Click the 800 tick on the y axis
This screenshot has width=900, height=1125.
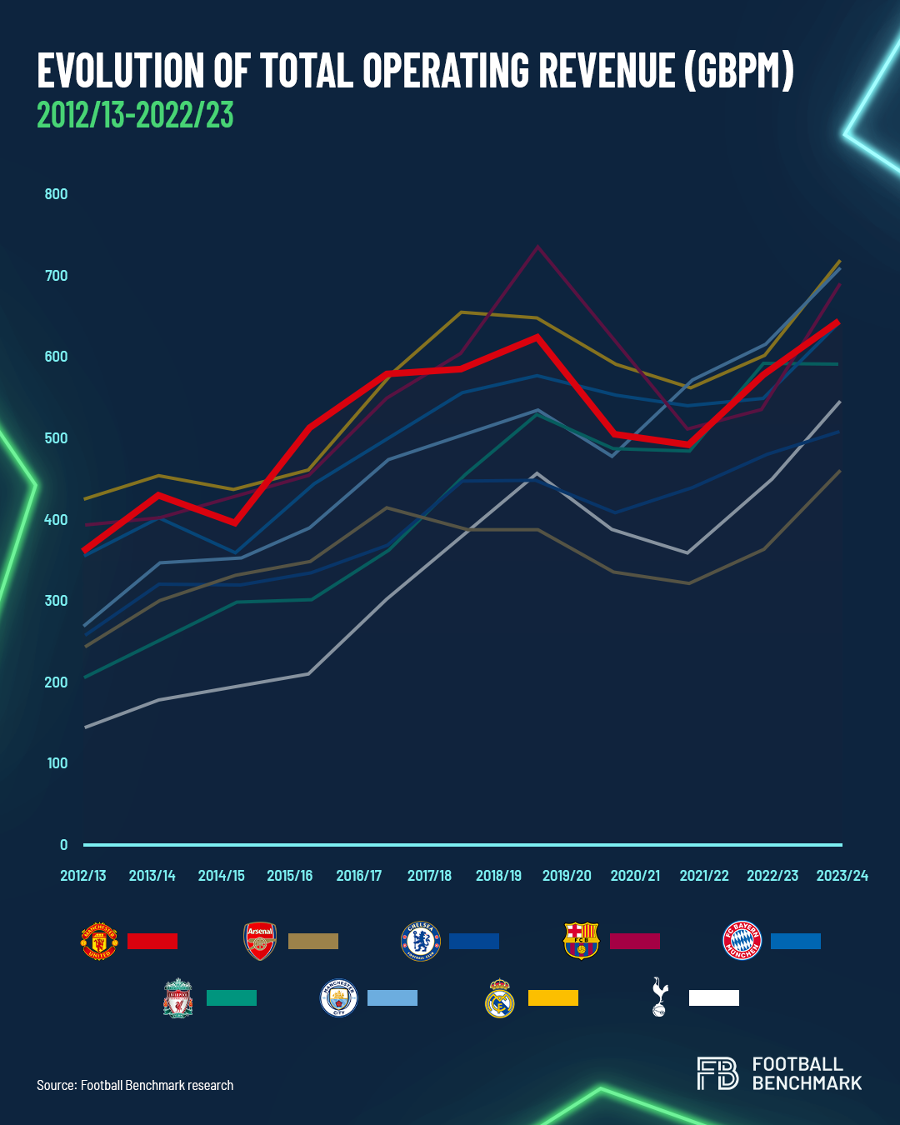[56, 194]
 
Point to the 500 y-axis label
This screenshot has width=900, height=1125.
[56, 438]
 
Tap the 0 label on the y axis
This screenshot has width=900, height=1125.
[63, 845]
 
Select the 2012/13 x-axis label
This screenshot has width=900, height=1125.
[83, 876]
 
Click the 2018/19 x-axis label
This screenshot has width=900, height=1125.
[498, 876]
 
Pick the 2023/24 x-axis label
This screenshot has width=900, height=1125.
[842, 876]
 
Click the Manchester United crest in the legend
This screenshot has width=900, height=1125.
[99, 942]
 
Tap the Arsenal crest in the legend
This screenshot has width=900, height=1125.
[260, 942]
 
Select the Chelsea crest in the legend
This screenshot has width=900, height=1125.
[421, 942]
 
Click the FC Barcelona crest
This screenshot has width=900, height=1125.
[582, 942]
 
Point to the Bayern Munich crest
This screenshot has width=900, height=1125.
[742, 942]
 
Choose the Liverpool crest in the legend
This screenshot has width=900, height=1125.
[178, 998]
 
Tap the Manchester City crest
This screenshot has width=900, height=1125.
[339, 998]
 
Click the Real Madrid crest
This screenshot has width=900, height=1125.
[500, 998]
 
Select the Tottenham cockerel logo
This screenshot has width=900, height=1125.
[660, 997]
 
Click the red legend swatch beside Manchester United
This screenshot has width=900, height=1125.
[152, 942]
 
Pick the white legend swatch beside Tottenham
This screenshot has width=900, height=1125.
[714, 998]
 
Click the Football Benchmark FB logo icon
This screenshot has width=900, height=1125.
[717, 1073]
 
